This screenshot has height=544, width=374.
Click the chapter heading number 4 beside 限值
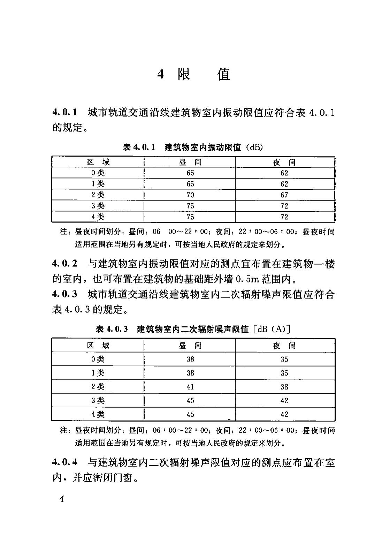coord(160,74)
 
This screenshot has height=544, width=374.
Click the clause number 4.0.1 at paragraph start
coord(64,113)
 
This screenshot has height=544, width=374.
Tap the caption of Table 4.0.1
coord(193,147)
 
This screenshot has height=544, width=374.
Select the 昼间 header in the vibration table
coord(190,162)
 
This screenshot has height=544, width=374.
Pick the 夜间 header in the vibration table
coord(284,162)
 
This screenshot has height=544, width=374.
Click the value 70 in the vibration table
coord(190,195)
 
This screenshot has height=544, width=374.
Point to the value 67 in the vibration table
coord(284,195)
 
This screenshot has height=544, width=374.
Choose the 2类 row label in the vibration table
coord(98,195)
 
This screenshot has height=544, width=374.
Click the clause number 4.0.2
coord(64,264)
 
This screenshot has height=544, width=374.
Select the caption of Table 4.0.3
coord(193,329)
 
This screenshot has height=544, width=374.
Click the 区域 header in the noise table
coord(98,346)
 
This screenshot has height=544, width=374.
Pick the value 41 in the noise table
coord(190,387)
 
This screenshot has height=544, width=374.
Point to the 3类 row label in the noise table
coord(98,400)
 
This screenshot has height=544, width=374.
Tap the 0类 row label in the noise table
coord(98,359)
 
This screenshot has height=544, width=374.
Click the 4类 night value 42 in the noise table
coord(284,414)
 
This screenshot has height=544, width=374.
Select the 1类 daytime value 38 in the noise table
coord(190,373)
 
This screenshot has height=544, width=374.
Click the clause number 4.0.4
coord(64,462)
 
